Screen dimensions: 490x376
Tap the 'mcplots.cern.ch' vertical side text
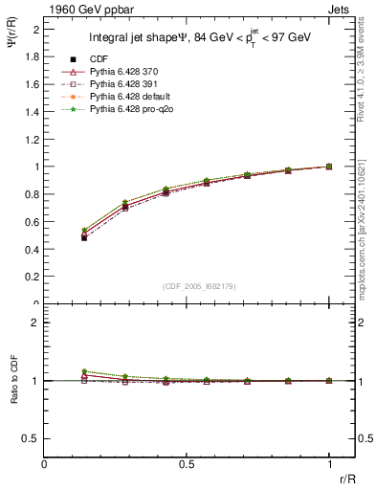[x=366, y=230]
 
